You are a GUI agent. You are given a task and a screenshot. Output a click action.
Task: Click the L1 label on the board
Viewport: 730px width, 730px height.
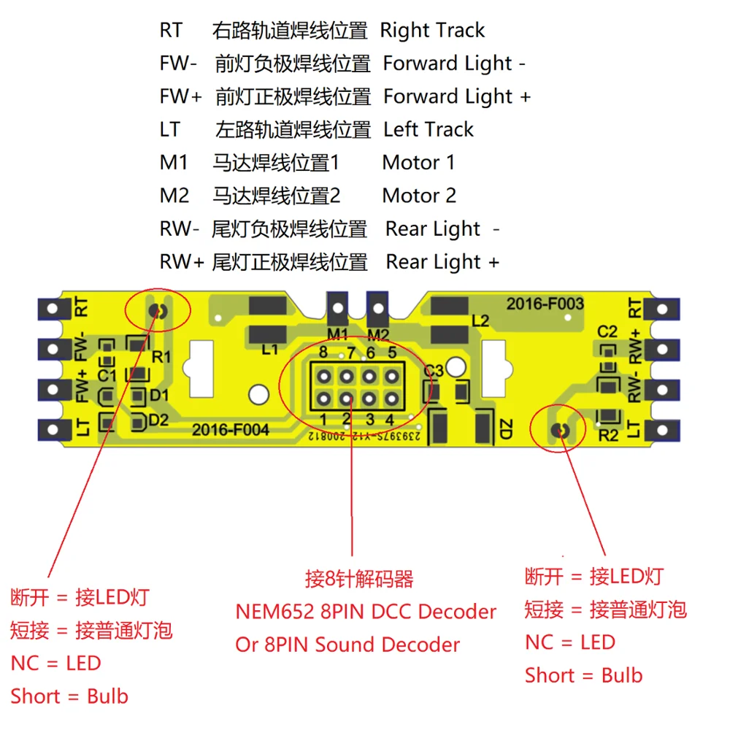coord(270,350)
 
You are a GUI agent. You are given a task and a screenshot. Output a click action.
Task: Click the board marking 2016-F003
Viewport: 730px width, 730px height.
coord(545,304)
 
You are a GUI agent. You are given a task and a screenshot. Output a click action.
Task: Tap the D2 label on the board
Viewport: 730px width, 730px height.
coord(158,420)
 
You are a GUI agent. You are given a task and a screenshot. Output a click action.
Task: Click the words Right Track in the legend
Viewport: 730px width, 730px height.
coord(432,31)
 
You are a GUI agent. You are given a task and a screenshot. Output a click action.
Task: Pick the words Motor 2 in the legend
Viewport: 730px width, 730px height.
coord(419,196)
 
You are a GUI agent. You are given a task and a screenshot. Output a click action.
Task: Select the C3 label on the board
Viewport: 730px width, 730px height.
coord(434,371)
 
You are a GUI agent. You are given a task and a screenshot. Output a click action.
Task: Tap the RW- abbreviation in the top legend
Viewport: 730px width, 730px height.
coord(179,229)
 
